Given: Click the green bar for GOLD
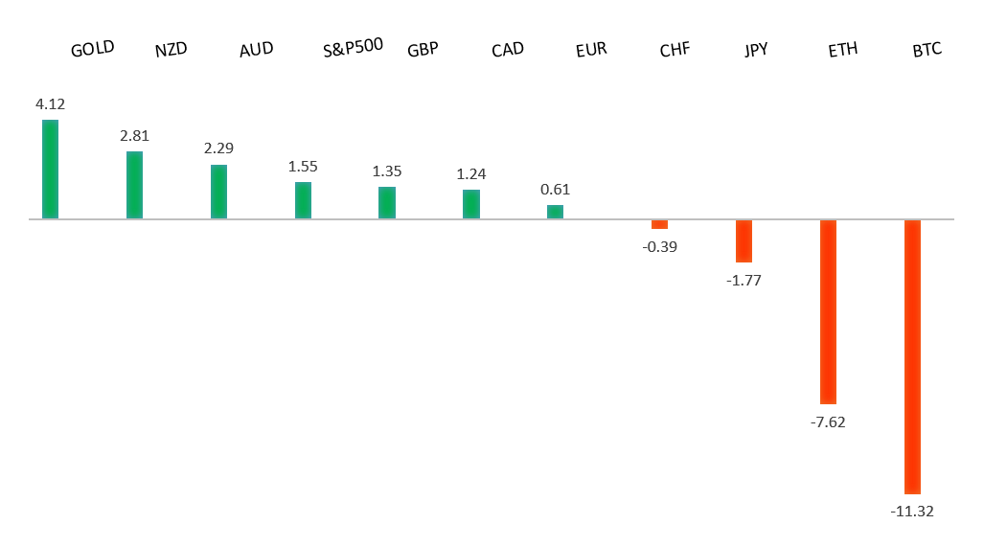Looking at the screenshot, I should tap(50, 170).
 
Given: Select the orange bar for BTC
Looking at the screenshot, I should tap(912, 356).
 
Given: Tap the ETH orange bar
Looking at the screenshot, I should tap(828, 311).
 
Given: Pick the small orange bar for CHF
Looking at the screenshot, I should tap(659, 224).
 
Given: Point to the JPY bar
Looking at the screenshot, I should tap(744, 240).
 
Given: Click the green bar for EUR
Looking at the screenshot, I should tap(555, 212).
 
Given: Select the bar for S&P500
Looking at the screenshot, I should tap(303, 200).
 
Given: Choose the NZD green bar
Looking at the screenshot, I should tap(134, 185).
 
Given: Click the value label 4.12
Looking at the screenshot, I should tap(50, 103).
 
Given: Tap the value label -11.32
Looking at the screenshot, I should tap(912, 512).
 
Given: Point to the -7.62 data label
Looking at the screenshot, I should tap(828, 422).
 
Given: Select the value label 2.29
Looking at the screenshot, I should tap(218, 148).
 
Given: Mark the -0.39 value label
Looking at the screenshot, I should tap(659, 246).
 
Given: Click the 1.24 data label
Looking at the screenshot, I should tap(471, 174).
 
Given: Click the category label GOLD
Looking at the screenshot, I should tap(92, 49).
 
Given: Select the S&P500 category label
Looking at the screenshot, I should tap(354, 46).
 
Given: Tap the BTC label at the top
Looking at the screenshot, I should tap(927, 49).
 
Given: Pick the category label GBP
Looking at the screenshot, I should tap(423, 50).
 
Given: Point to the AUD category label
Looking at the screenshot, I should tap(256, 50).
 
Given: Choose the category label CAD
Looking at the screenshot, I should tap(507, 50).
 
